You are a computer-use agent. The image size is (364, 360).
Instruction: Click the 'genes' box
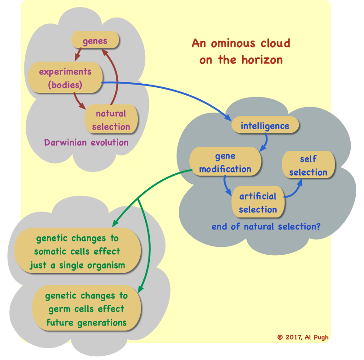point(95,41)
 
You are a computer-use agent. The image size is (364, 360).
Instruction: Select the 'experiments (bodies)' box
point(65,78)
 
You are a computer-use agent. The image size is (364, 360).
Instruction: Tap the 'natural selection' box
point(111,120)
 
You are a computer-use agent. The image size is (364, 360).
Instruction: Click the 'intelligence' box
point(265,126)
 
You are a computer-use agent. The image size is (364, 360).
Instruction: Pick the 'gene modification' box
point(225,162)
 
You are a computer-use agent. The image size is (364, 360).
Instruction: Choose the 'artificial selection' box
point(258,203)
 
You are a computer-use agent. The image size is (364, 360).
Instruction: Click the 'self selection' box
point(308,166)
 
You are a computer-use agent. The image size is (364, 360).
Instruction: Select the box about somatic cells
point(77,252)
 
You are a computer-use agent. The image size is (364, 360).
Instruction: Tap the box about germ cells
point(86,309)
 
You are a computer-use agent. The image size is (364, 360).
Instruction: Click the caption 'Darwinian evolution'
point(86,142)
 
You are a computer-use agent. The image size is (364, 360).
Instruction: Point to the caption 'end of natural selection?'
point(266,227)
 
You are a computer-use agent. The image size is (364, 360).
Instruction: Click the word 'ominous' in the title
point(232,44)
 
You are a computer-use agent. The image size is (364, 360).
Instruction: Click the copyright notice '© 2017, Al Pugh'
point(303,337)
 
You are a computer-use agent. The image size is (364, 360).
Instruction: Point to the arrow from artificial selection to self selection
point(294,189)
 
